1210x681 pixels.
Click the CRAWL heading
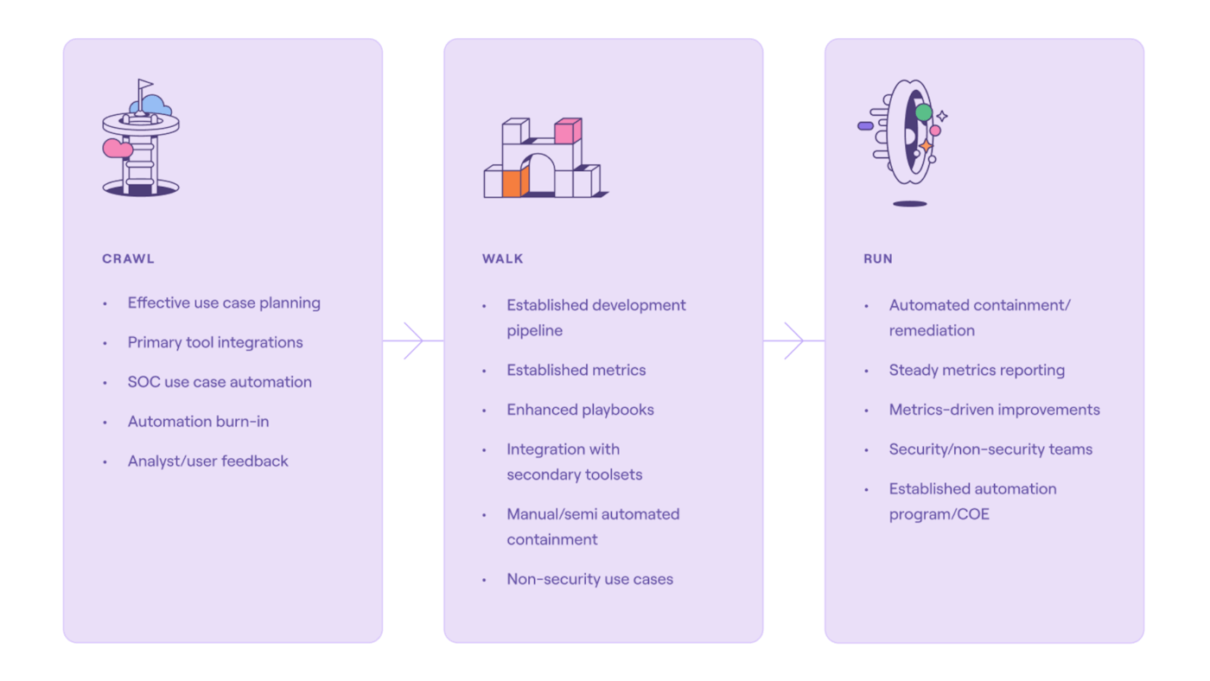point(128,258)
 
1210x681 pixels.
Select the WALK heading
point(503,258)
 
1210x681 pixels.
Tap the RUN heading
point(878,258)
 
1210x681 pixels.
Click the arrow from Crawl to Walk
point(413,340)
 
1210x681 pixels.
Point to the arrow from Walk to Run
point(793,340)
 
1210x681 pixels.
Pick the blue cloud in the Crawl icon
point(155,105)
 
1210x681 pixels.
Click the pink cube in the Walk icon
point(567,131)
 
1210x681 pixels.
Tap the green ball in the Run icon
point(924,112)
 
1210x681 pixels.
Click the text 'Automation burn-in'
point(198,422)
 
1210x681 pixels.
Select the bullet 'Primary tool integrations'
point(215,342)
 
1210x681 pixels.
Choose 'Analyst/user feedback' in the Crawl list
point(207,461)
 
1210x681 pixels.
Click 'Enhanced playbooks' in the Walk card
point(580,410)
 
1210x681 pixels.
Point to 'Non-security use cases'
point(589,579)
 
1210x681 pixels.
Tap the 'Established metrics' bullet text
point(576,370)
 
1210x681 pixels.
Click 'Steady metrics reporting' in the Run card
point(977,370)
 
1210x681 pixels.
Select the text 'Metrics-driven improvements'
point(994,410)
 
